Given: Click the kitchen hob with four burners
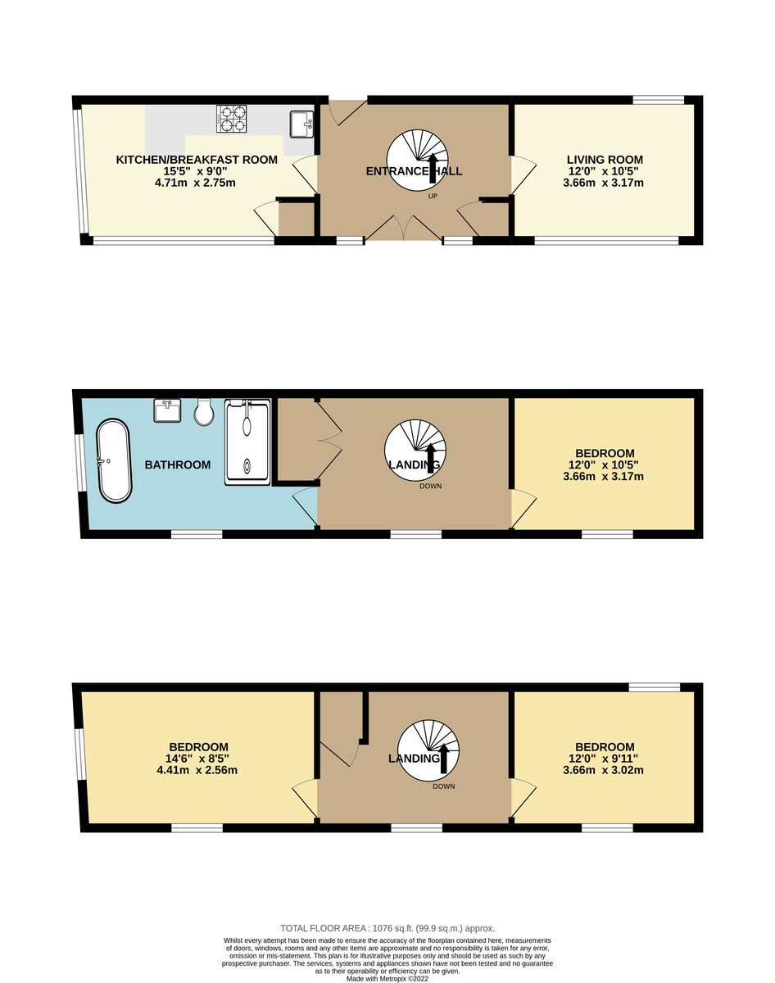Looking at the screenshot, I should (x=232, y=119).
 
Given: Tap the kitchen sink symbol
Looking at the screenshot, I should (x=301, y=123).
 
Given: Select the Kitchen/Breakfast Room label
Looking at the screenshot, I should (x=197, y=160).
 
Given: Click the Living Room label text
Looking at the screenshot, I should (x=605, y=160).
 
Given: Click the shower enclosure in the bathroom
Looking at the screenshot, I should (x=247, y=442).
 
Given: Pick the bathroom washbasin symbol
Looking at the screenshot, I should (x=168, y=410).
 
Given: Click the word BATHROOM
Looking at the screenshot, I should (x=178, y=465).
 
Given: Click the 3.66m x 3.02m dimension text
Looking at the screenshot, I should (x=605, y=770).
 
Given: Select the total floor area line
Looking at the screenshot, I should (x=387, y=928).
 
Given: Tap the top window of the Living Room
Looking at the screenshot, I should (x=658, y=100).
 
